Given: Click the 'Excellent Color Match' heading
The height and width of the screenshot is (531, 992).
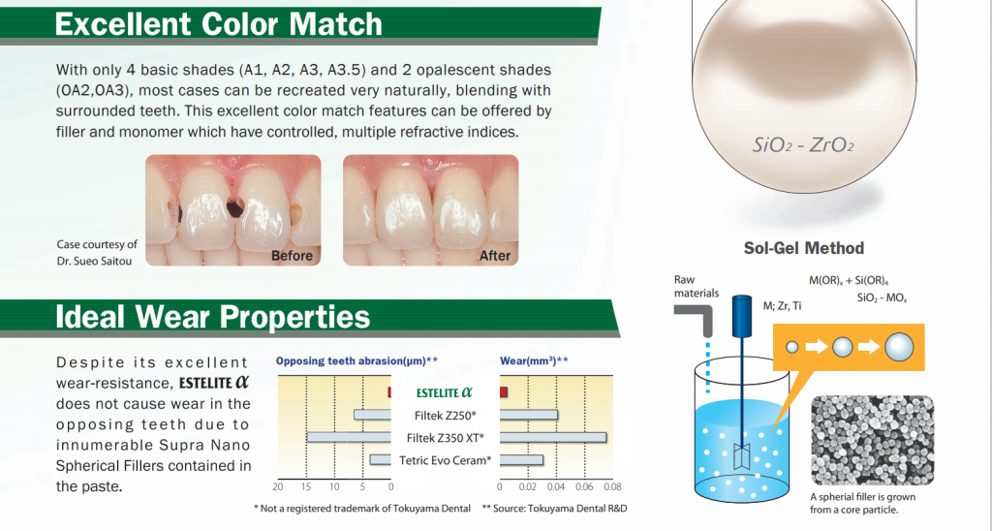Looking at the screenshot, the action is tap(218, 24).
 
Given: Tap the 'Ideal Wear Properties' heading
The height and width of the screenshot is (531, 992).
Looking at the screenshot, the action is tap(212, 317).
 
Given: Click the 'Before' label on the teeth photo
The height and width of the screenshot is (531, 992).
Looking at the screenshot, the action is tap(292, 256).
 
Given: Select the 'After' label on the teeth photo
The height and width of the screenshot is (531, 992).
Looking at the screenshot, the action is tap(495, 256).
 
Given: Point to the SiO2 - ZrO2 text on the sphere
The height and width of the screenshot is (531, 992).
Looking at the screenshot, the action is tap(803, 145).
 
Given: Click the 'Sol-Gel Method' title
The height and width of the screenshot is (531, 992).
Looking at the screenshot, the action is tap(803, 248).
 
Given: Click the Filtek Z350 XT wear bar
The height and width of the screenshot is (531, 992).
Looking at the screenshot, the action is tap(553, 438).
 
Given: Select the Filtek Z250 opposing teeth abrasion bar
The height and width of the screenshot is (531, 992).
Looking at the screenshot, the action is tap(372, 415).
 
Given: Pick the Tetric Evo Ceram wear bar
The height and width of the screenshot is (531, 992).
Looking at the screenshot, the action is tap(521, 460).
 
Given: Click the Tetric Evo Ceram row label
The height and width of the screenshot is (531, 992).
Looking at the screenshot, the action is tap(446, 460).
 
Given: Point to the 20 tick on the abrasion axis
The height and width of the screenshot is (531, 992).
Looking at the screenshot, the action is tap(278, 487).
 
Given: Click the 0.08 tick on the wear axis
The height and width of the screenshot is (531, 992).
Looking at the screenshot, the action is tap(612, 487).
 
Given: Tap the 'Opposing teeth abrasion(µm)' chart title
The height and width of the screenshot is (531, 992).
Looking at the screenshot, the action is tap(356, 361).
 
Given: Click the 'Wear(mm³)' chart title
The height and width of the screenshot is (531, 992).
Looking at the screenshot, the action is tap(534, 361).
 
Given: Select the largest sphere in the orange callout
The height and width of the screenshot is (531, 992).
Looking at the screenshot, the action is tap(899, 347).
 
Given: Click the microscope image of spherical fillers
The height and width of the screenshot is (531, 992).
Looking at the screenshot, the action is tap(873, 441).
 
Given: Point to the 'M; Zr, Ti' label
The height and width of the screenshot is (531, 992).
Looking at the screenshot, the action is tap(782, 306).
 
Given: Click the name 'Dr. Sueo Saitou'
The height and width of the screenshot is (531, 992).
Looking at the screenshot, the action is tap(94, 260).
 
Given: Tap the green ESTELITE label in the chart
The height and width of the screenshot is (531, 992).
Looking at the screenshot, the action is tap(444, 392).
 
